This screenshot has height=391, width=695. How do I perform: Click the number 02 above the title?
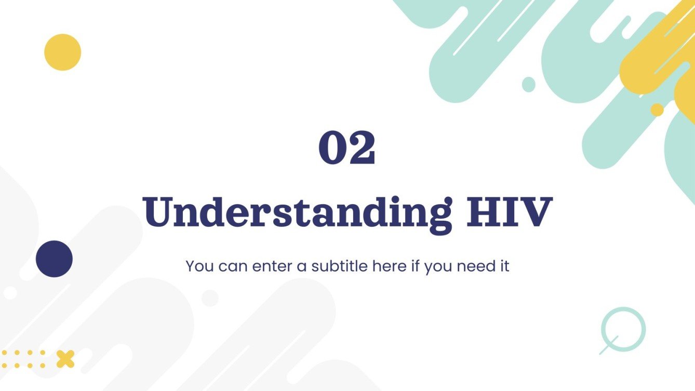346,148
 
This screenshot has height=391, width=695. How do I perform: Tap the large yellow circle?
62,52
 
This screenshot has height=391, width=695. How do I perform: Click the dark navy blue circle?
54,259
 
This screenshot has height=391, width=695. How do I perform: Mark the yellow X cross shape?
65,359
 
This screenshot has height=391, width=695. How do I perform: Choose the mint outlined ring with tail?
623,329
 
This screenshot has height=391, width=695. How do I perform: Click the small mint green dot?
528,84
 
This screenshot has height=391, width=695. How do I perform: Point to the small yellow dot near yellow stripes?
657,110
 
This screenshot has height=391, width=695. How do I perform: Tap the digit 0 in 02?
332,148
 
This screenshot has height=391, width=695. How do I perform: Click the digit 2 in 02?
362,148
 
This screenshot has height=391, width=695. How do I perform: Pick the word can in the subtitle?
233,267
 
